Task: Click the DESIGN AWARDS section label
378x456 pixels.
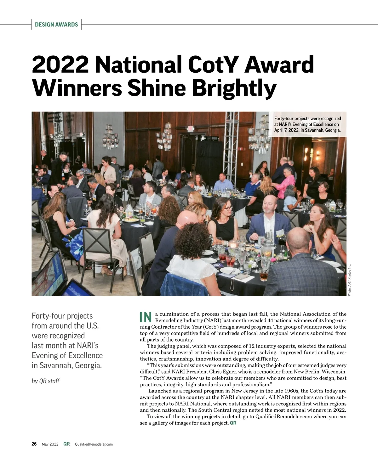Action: pyautogui.click(x=56, y=25)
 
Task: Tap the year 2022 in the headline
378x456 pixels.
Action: pyautogui.click(x=60, y=65)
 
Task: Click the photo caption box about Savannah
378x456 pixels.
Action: pyautogui.click(x=307, y=124)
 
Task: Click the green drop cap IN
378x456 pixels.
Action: pyautogui.click(x=146, y=317)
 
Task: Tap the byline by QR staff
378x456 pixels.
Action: pyautogui.click(x=46, y=381)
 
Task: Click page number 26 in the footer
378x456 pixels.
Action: pyautogui.click(x=34, y=444)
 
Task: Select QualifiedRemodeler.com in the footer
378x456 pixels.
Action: pyautogui.click(x=94, y=444)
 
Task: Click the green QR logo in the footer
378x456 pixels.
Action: pyautogui.click(x=66, y=444)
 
